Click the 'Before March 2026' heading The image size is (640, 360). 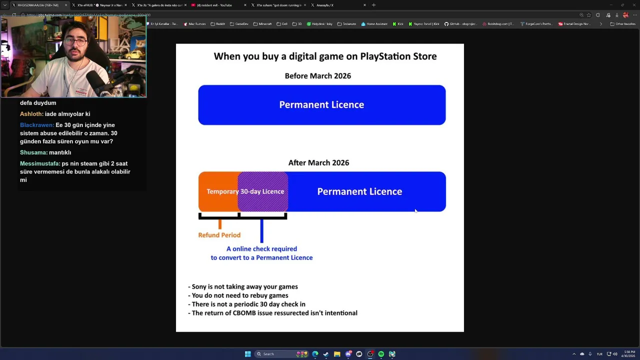click(317, 76)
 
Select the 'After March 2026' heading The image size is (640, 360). click(318, 163)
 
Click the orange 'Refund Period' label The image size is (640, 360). click(219, 235)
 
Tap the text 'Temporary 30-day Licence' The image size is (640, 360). click(245, 191)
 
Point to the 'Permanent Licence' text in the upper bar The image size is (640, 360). click(321, 105)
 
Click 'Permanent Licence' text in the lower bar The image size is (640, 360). click(359, 191)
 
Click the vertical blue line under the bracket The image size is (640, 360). click(261, 231)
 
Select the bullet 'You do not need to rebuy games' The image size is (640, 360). click(239, 295)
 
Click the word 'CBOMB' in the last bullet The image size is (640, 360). click(244, 313)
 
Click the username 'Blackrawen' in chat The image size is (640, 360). click(36, 125)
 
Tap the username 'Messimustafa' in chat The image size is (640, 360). click(39, 164)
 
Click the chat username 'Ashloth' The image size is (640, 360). click(31, 114)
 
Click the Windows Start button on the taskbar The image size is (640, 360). click(247, 354)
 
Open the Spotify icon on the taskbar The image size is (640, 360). click(381, 354)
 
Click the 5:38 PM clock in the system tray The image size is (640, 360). click(629, 354)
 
